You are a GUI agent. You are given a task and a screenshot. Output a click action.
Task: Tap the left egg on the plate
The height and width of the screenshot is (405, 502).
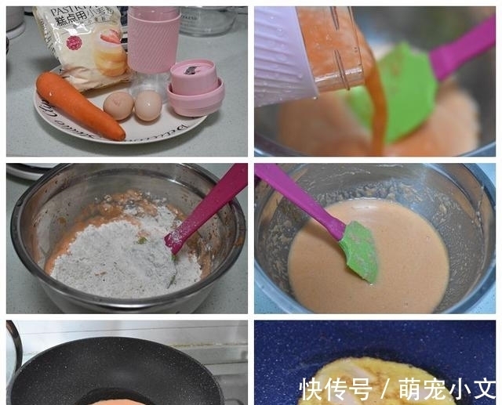(118, 106)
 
